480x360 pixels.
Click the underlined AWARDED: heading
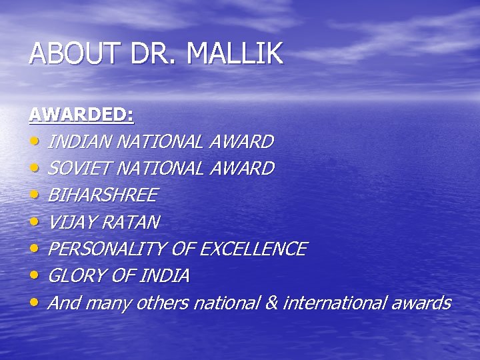coord(81,115)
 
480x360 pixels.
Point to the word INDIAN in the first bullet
coord(80,142)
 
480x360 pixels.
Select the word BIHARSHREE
coord(103,195)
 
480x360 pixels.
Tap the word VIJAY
coord(73,222)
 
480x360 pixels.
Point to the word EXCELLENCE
coord(253,249)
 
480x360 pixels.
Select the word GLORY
coord(76,276)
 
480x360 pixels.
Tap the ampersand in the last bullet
coord(271,303)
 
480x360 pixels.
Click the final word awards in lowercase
coord(421,303)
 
